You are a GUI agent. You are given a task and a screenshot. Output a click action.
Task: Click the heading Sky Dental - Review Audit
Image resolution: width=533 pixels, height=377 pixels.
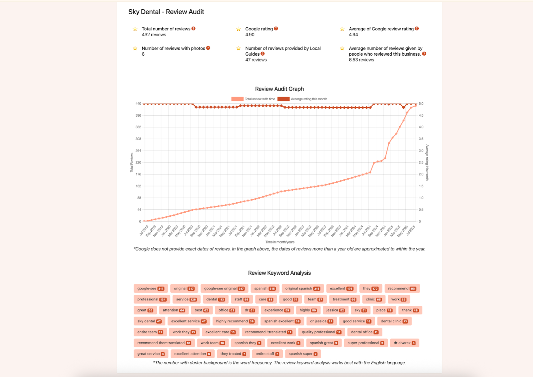click(x=166, y=12)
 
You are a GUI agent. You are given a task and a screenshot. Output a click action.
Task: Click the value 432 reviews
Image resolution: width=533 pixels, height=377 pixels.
click(x=154, y=35)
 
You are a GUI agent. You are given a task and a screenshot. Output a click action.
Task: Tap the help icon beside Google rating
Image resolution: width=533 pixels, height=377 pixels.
click(x=276, y=29)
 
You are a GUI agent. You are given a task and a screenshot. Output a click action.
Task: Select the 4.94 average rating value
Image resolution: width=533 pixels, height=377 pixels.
click(x=353, y=35)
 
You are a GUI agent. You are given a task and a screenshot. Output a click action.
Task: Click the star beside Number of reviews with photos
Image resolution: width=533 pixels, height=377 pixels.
click(x=135, y=48)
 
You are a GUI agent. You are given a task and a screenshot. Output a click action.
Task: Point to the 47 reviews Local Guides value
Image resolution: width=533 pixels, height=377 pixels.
click(x=256, y=60)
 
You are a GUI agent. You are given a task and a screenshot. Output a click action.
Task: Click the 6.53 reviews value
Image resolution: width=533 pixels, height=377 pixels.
click(x=361, y=60)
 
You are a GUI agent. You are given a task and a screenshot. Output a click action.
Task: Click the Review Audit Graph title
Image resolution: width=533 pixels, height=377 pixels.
click(x=279, y=89)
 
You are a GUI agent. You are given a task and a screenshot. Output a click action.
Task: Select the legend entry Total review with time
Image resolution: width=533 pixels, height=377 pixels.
click(x=253, y=99)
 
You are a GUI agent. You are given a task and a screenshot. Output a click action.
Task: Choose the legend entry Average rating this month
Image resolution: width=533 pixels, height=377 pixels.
click(x=302, y=99)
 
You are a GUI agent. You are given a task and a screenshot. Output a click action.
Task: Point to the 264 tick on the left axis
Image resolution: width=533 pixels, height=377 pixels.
click(x=138, y=151)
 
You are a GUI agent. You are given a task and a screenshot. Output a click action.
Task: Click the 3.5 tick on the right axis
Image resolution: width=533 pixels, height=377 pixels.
click(x=421, y=139)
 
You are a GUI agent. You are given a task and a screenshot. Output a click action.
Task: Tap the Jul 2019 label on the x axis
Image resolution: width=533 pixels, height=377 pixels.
click(x=144, y=230)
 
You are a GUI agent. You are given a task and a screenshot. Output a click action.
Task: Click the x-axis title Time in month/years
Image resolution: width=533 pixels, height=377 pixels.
click(x=280, y=242)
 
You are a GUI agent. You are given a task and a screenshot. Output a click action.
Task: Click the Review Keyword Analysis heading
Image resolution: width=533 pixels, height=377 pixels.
click(x=279, y=273)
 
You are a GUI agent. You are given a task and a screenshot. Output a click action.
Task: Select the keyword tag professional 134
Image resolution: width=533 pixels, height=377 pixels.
click(x=152, y=299)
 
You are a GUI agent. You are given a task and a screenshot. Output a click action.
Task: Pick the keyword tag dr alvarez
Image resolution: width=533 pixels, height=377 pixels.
click(x=404, y=343)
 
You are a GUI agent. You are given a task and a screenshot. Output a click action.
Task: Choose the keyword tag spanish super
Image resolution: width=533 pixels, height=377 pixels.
click(x=303, y=354)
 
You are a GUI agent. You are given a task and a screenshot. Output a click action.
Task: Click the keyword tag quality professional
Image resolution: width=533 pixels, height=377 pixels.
click(x=321, y=332)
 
